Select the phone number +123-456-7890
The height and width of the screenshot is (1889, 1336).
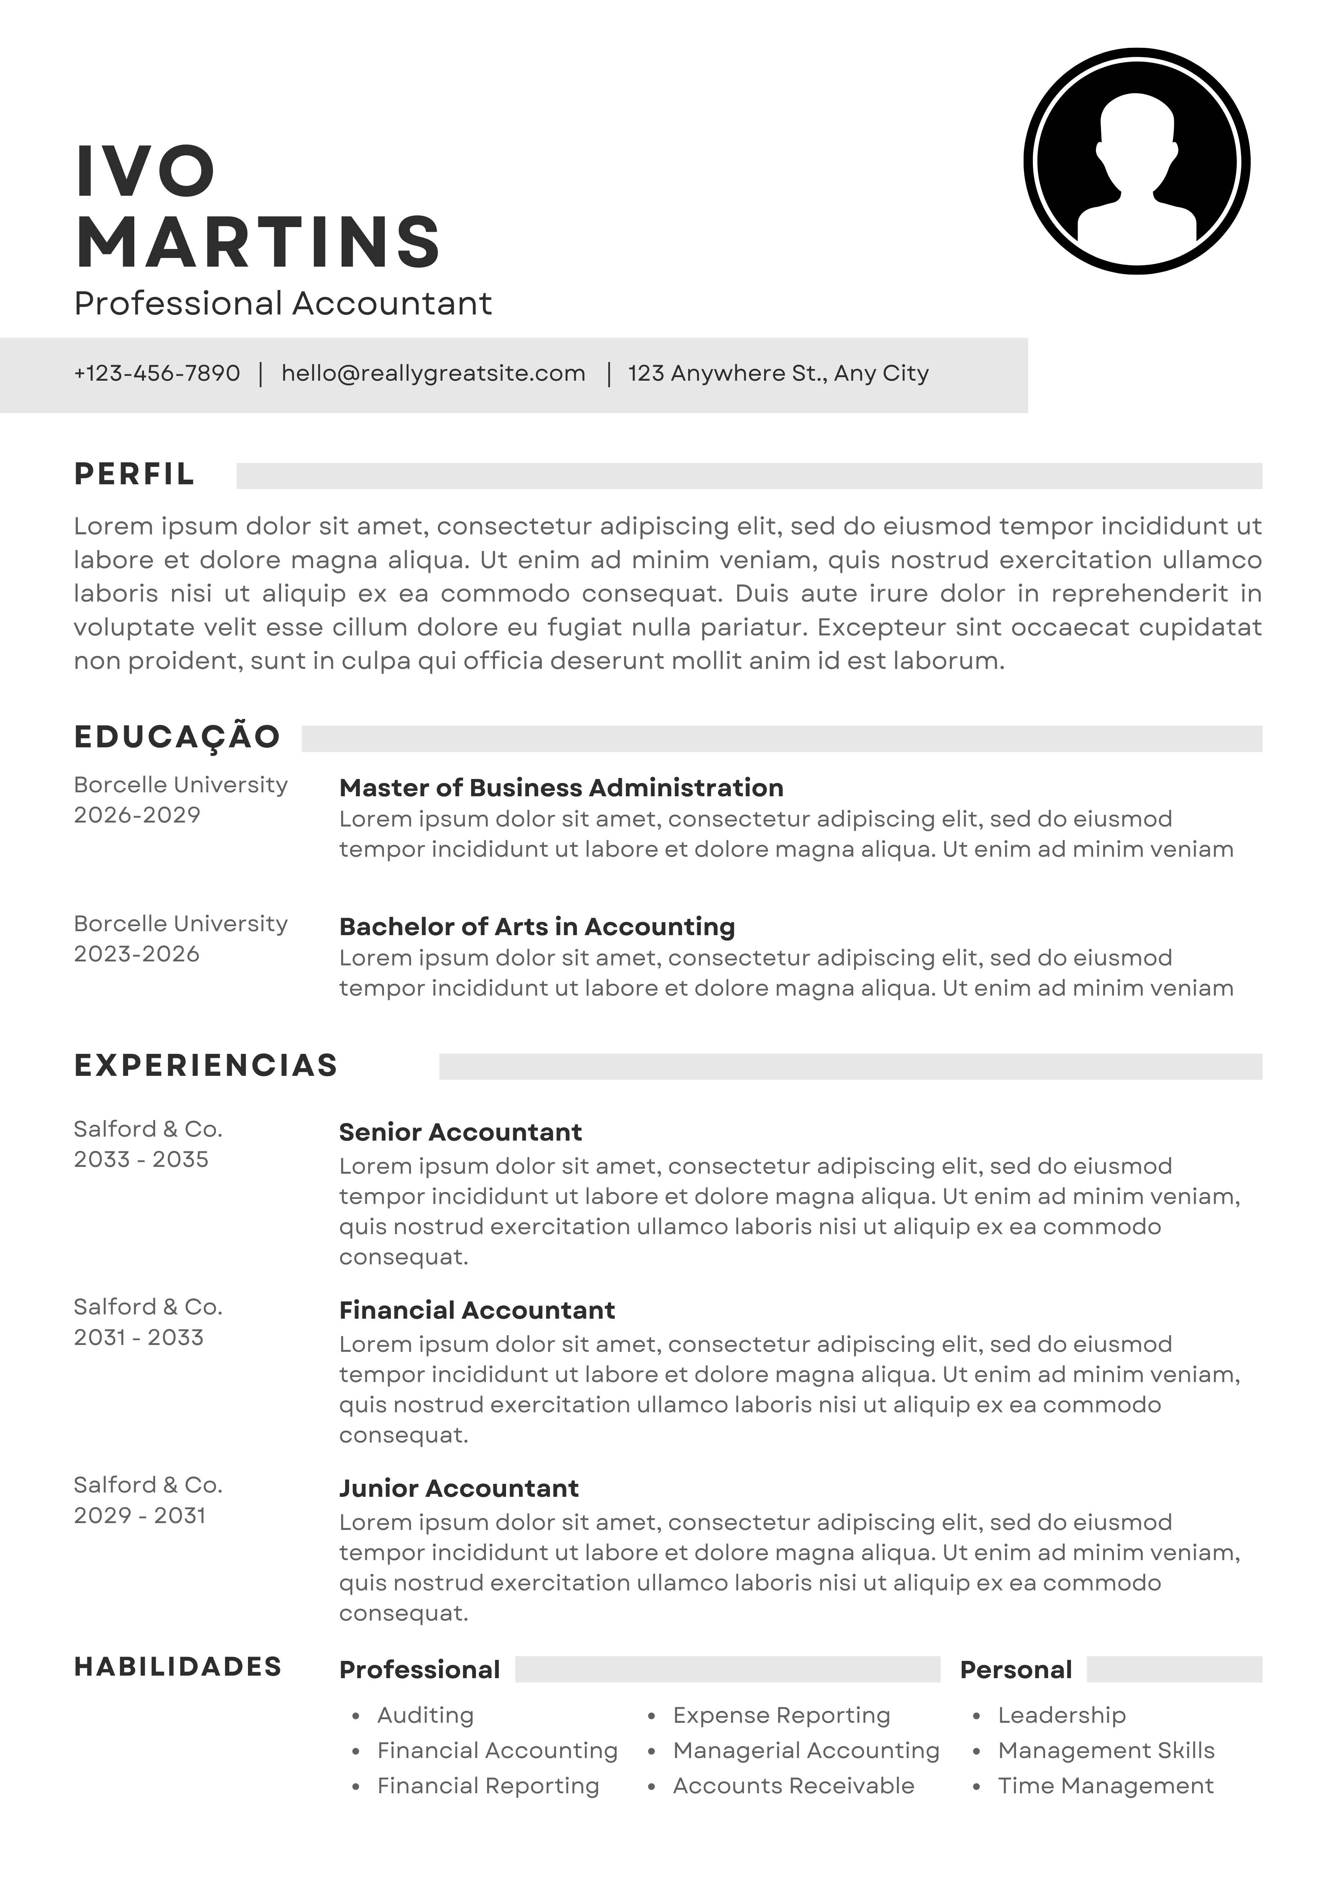157,373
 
